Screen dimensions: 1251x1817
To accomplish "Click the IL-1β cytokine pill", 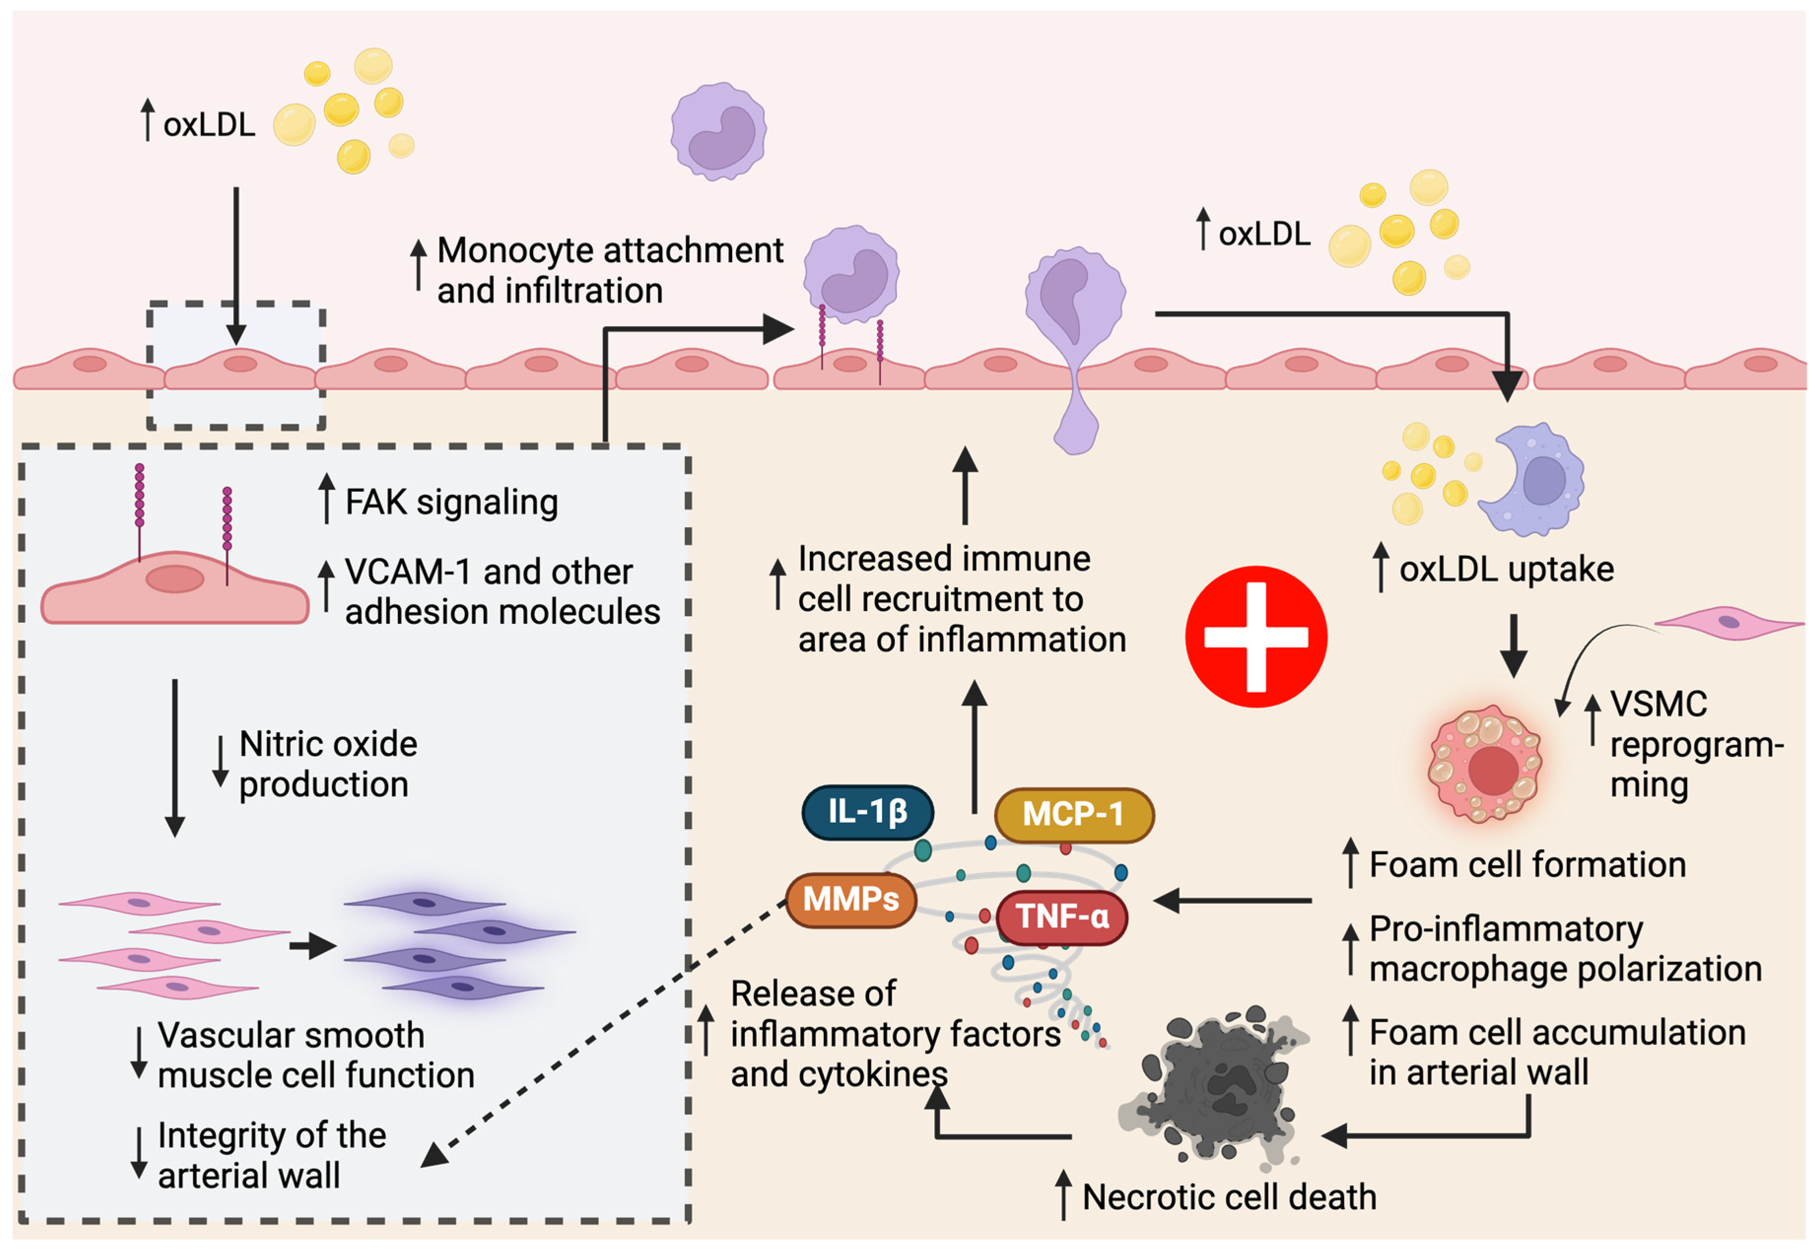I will coord(867,812).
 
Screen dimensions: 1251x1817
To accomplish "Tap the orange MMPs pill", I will coord(850,899).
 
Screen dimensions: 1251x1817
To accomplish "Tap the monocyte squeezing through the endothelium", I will coord(1075,345).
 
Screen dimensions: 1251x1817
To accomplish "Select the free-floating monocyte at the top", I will coord(718,131).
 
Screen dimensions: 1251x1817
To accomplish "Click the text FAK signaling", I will coord(451,502).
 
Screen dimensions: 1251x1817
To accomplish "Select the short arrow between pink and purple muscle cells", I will coord(312,946).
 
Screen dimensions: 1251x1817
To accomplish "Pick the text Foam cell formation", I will coord(1526,865).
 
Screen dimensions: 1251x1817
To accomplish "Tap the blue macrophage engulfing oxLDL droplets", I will coord(1532,480).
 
